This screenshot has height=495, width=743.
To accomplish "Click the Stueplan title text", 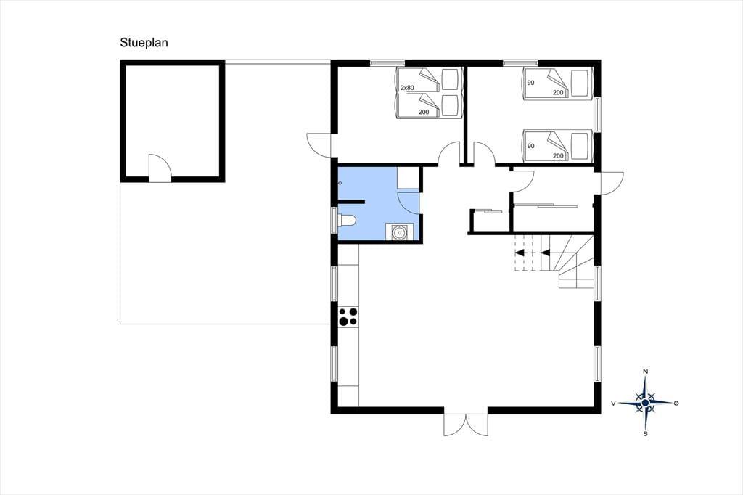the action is pos(144,43).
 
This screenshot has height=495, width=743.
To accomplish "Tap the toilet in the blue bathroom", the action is pos(346,221).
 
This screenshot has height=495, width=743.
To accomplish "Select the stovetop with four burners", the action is pos(348,316).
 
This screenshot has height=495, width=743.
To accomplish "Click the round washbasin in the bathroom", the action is pos(399,232).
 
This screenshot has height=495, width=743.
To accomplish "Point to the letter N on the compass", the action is pos(645,372).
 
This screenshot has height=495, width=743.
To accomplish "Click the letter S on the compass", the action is pos(645,433).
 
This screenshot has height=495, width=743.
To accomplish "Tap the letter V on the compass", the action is pos(613,404).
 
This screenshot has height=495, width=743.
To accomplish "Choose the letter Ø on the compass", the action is pos(676,403).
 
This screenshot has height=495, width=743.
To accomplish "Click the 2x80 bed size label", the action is pos(407,88).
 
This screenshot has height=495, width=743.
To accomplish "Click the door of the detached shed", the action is pos(160,168).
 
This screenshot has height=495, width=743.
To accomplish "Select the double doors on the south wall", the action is pos(466,425).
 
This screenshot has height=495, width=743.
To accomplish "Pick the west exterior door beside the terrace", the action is pos(319,145).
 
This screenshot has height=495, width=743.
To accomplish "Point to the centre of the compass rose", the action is pos(645,403).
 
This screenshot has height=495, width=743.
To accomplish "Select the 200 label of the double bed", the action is pos(424,112).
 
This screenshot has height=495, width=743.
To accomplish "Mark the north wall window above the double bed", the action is pos(387,62).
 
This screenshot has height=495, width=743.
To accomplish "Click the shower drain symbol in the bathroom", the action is pos(340,183).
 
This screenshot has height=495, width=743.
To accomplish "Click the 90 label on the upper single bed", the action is pos(530,83).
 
